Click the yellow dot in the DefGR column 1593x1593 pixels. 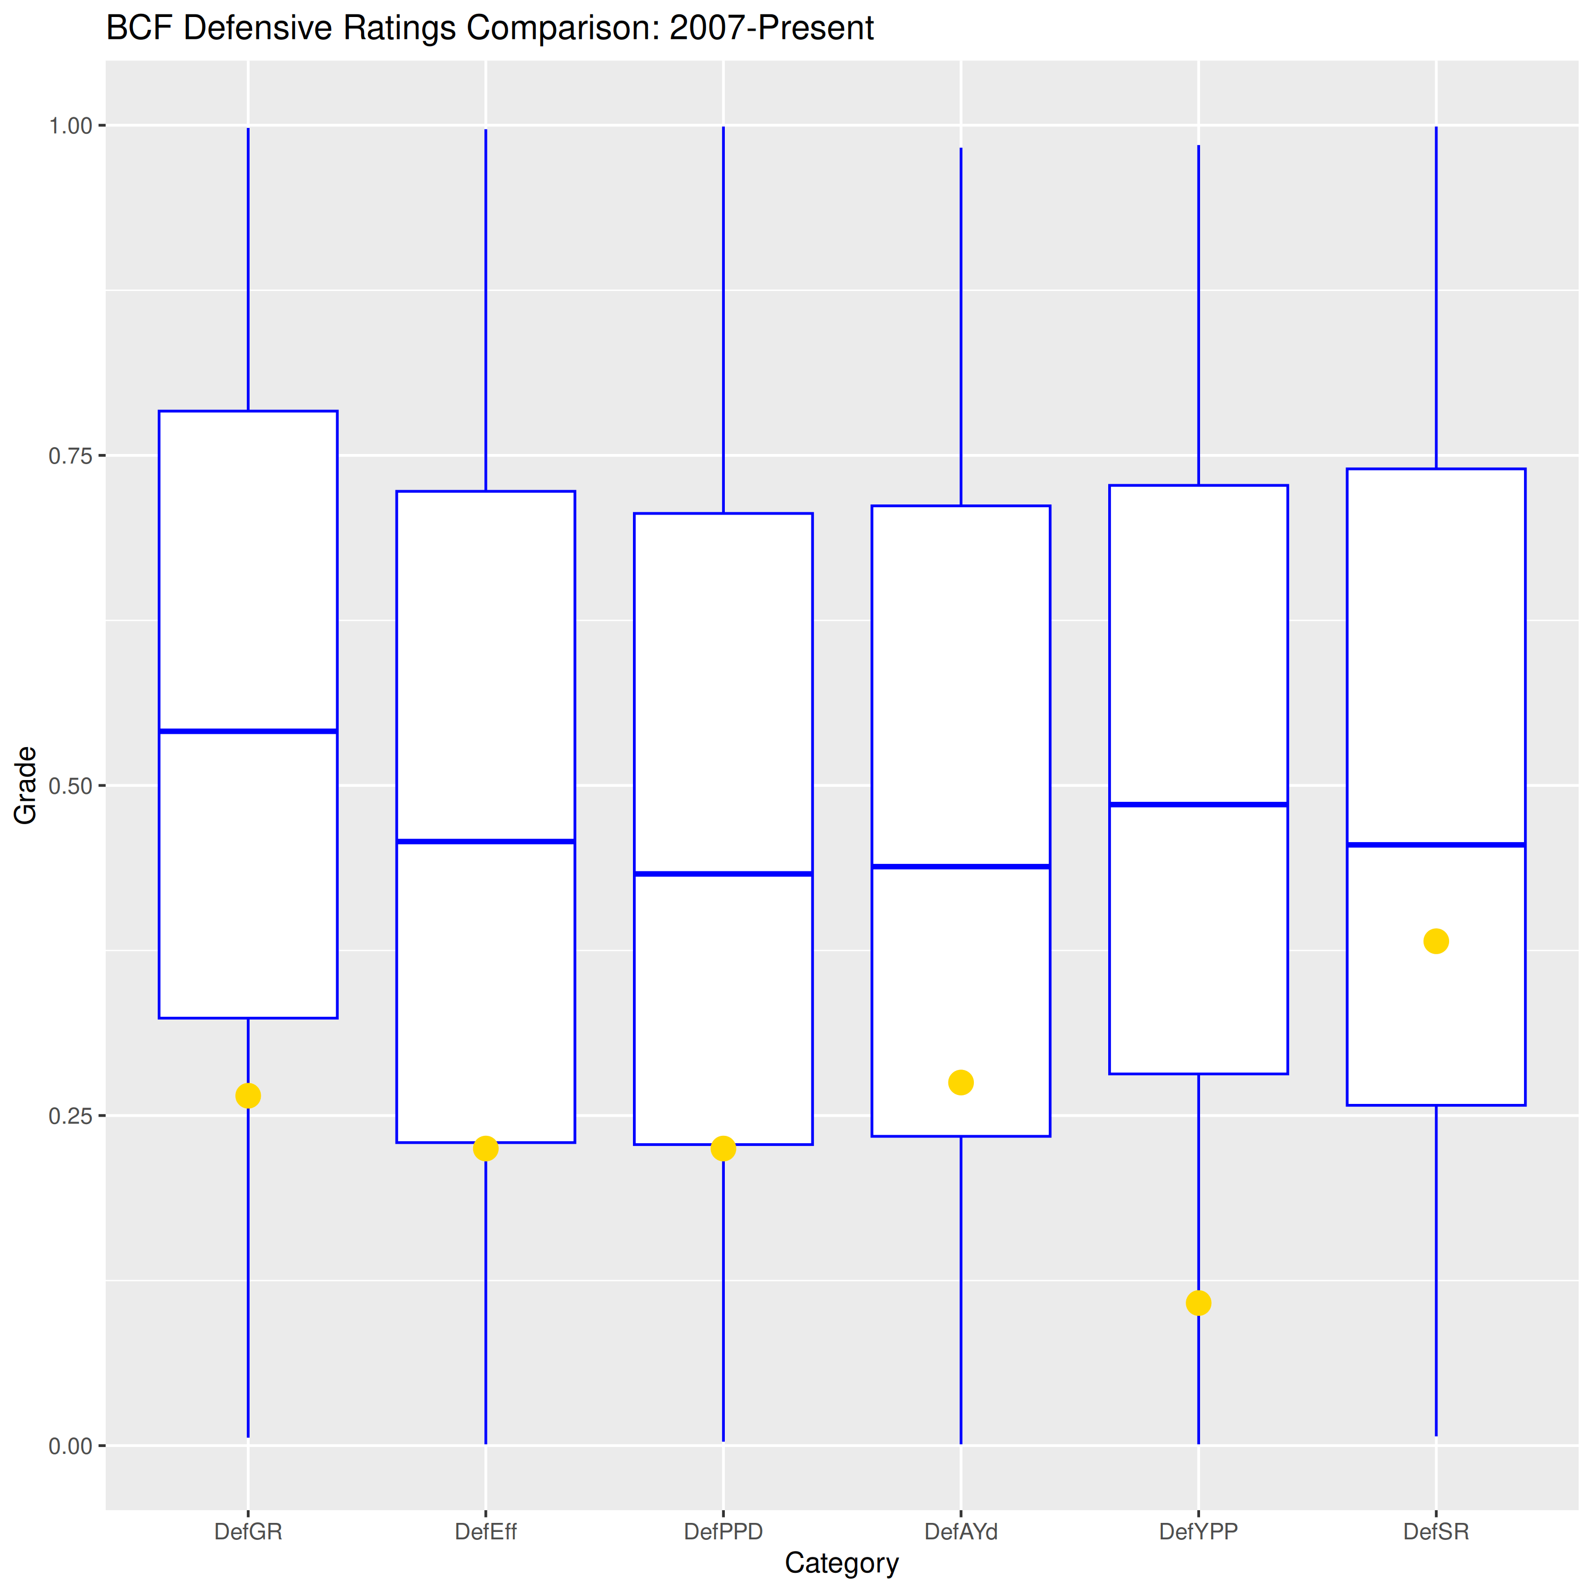coord(248,1096)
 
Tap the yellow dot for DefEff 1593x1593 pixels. coord(486,1149)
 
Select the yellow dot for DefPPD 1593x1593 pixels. coord(723,1149)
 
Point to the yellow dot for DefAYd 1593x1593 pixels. coord(961,1083)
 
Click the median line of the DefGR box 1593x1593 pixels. coord(248,731)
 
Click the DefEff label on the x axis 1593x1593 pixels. coord(486,1532)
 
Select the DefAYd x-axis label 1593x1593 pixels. coord(961,1532)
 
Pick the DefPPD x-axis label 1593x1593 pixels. coord(723,1532)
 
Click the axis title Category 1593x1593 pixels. coord(841,1563)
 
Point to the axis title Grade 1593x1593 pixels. coord(25,785)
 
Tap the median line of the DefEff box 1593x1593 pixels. coord(486,841)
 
